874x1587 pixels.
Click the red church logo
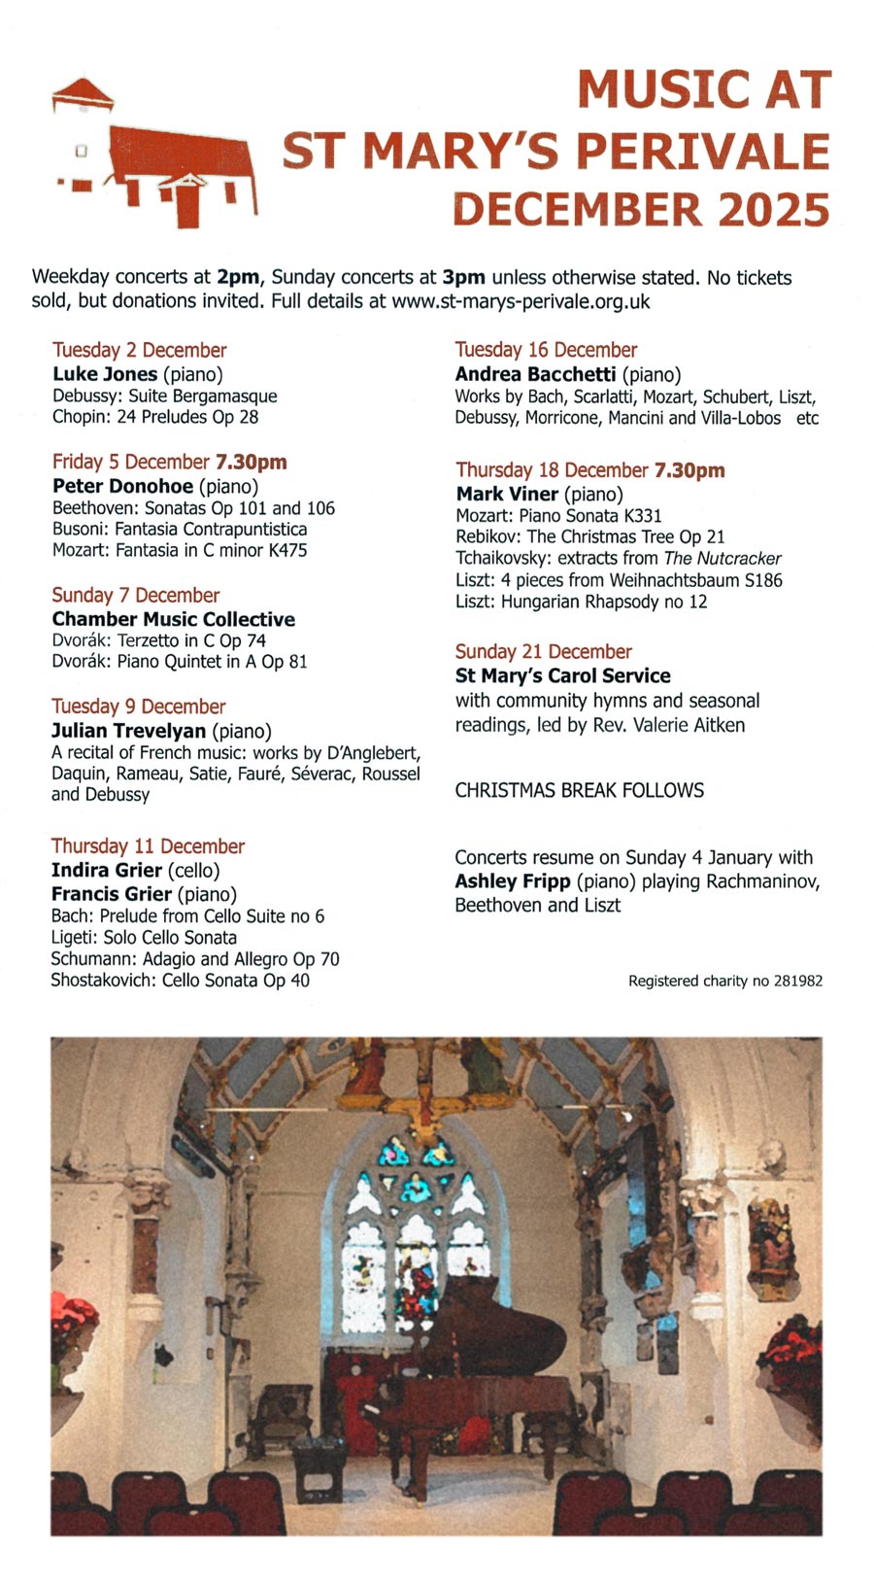[160, 155]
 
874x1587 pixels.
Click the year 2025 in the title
[773, 210]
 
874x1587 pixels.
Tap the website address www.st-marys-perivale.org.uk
[521, 301]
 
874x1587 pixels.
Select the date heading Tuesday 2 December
[139, 350]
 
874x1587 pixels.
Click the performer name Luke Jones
[105, 374]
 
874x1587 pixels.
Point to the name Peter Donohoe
[122, 486]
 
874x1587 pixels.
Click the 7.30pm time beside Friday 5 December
[251, 462]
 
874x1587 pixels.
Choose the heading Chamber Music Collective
[174, 619]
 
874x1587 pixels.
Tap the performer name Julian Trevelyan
[128, 731]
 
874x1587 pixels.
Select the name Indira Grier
[106, 870]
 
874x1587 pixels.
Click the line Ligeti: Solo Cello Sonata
[144, 938]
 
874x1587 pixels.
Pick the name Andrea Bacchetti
[535, 374]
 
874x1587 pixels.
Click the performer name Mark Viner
[507, 494]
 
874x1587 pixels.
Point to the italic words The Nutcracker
[723, 559]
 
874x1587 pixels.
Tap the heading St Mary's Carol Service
[562, 675]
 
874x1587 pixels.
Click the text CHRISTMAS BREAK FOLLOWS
[580, 790]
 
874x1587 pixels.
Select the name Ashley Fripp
[513, 881]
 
